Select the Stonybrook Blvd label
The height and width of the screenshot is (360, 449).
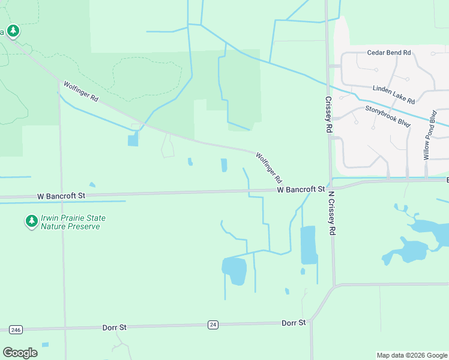point(387,116)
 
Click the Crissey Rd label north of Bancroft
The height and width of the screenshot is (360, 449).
point(328,115)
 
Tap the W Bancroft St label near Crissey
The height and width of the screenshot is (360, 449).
point(300,190)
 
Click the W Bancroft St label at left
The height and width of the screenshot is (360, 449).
point(61,196)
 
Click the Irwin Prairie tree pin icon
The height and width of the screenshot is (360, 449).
point(31,221)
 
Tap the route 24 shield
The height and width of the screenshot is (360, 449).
point(212,325)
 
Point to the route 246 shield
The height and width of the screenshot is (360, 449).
point(16,329)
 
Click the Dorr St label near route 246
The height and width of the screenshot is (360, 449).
point(114,327)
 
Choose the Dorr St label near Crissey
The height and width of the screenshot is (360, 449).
point(294,323)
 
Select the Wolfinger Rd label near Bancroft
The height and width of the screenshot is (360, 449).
point(269,167)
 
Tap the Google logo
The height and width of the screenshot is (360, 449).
point(20,353)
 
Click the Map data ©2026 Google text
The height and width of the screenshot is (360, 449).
point(412,355)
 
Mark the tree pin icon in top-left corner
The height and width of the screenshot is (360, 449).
point(13,31)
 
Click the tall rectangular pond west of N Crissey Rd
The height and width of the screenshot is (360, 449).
point(308,245)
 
